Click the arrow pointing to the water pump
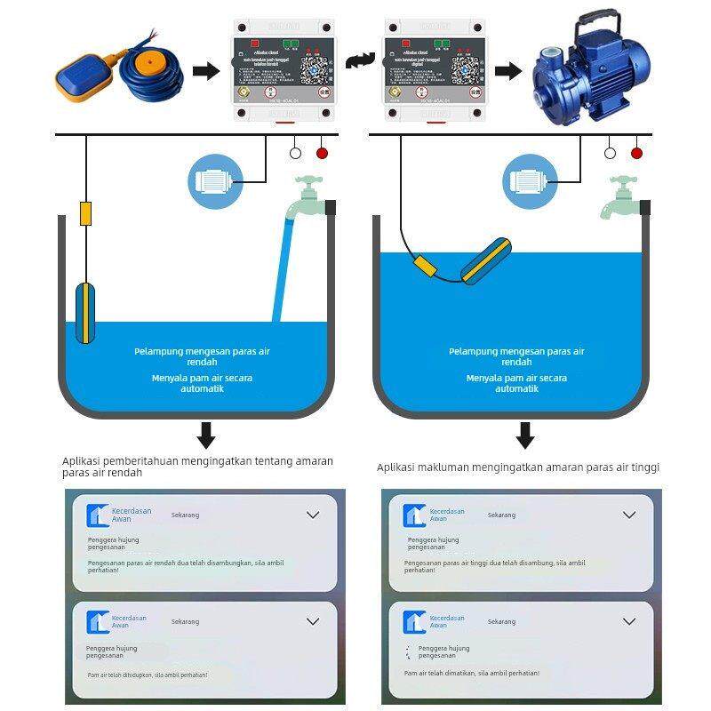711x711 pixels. point(507,71)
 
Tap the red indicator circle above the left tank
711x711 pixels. point(322,153)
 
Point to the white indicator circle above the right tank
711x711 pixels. point(610,153)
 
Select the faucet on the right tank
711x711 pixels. point(622,198)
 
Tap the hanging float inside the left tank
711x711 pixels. point(85,312)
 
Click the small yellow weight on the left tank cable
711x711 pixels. point(85,213)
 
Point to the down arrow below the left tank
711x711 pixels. point(206,435)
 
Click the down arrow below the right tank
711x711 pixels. point(525,435)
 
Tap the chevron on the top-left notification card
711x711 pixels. point(312,515)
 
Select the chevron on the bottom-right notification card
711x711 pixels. point(629,621)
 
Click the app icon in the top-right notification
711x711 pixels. point(414,515)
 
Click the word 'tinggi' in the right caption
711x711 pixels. point(644,467)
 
